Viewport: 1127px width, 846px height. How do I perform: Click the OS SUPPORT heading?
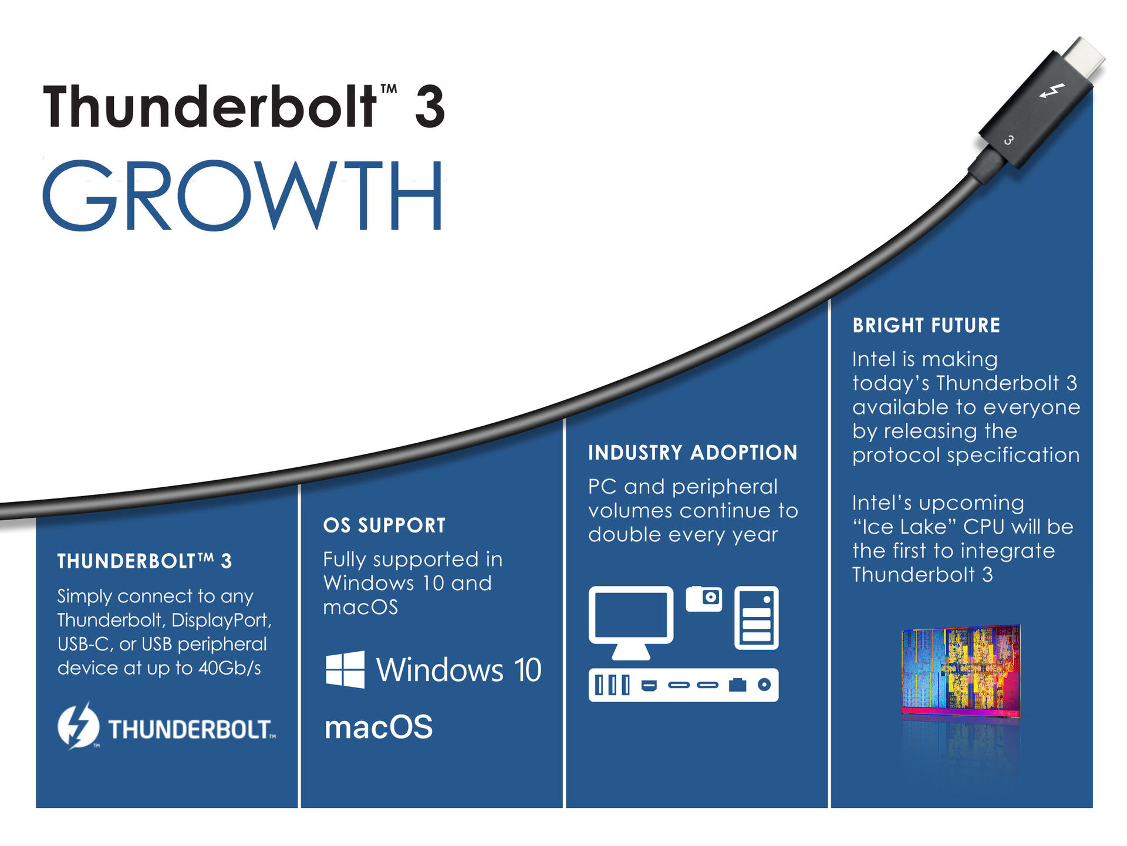pyautogui.click(x=384, y=525)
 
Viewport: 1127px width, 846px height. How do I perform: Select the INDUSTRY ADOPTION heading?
pyautogui.click(x=693, y=453)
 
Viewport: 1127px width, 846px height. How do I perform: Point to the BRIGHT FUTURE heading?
pyautogui.click(x=926, y=325)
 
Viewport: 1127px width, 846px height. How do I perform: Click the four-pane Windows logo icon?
pyautogui.click(x=345, y=669)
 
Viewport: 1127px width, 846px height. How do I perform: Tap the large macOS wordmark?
pyautogui.click(x=379, y=727)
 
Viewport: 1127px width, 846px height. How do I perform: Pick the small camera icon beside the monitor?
pyautogui.click(x=704, y=598)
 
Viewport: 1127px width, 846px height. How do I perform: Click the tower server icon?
pyautogui.click(x=756, y=618)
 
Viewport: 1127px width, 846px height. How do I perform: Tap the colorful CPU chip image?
pyautogui.click(x=961, y=670)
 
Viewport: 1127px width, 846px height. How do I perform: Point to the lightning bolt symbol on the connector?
pyautogui.click(x=1052, y=92)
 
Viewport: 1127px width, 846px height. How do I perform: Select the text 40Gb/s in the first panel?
pyautogui.click(x=230, y=668)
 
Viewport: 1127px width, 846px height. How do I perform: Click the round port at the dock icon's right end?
pyautogui.click(x=764, y=685)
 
